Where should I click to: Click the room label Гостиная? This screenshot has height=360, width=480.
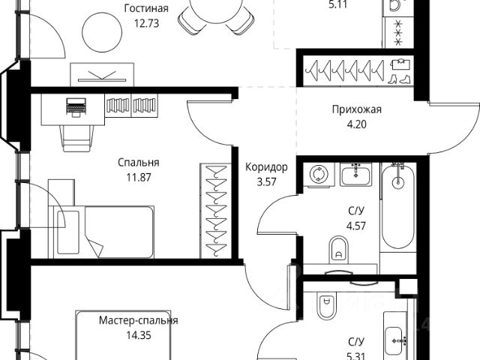coord(146,9)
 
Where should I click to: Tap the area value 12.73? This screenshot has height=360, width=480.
coord(146,22)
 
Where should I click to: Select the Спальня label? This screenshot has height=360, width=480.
coord(139,162)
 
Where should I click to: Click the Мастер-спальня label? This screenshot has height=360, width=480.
coord(139,321)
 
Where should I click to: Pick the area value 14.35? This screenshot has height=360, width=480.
coord(139,334)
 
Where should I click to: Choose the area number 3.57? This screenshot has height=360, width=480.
coord(267,181)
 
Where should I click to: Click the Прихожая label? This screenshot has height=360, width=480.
coord(357,109)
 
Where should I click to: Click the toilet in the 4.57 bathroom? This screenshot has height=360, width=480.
coord(339,247)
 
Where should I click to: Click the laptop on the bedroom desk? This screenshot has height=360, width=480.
coord(76,107)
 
